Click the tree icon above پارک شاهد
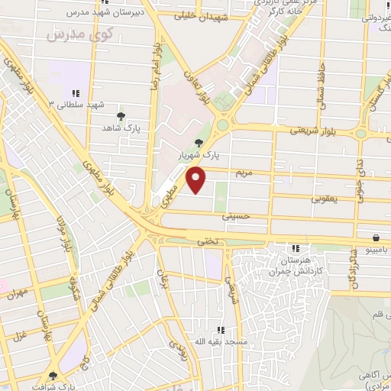tap(121, 115)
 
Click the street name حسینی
tap(235, 217)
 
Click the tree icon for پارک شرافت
tap(53, 376)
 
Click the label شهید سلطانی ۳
tap(74, 104)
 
